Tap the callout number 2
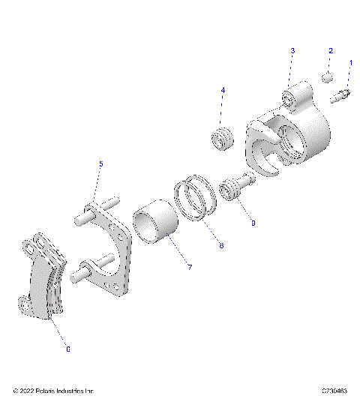point(330,51)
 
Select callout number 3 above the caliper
point(293,50)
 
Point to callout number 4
point(223,90)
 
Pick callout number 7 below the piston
point(190,268)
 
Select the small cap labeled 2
point(327,76)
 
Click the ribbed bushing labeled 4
point(221,139)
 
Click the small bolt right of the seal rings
point(232,188)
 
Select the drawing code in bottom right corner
point(334,391)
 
